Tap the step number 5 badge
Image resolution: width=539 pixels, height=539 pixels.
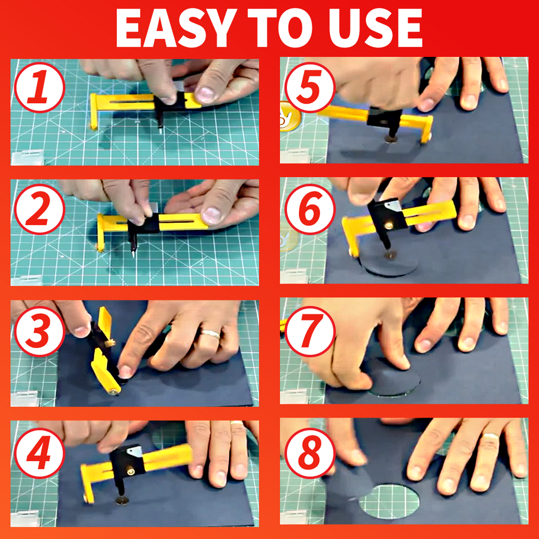pos(310,87)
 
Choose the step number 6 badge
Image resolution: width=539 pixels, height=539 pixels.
pos(310,209)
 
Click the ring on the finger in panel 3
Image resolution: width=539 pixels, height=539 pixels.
pos(211,334)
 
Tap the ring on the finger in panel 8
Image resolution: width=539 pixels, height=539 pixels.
pos(491,437)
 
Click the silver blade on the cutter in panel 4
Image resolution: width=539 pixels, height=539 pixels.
pos(134,451)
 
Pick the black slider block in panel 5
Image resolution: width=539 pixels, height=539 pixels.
pos(383,117)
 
